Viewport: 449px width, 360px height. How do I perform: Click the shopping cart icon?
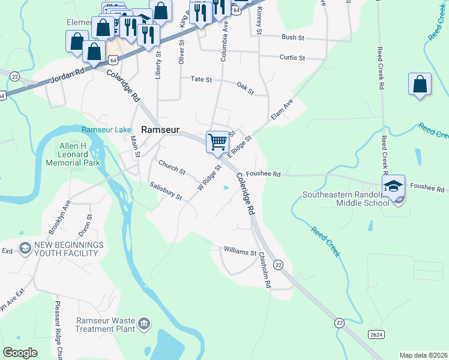click(x=217, y=142)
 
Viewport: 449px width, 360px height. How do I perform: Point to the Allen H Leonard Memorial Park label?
click(x=79, y=155)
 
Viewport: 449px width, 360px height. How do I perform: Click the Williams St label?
click(x=240, y=251)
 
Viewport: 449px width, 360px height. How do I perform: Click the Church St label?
click(x=172, y=167)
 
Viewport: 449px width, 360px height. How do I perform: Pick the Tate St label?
click(x=202, y=79)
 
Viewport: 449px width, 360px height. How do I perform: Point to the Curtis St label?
click(x=292, y=58)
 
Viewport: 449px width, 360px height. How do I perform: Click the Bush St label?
click(x=294, y=37)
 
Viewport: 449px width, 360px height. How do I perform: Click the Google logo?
click(x=20, y=353)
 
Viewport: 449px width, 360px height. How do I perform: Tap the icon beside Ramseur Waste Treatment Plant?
click(x=144, y=325)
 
